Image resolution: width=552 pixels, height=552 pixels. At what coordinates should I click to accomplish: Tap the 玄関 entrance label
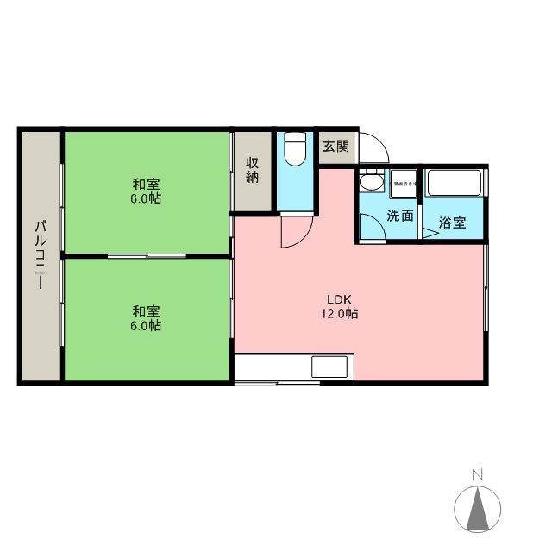click(x=336, y=146)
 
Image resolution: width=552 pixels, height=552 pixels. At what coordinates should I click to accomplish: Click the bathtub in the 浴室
click(x=454, y=184)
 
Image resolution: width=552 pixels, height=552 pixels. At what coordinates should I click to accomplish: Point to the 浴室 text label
click(x=453, y=223)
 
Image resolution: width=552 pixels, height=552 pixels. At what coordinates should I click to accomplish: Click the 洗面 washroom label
click(x=399, y=216)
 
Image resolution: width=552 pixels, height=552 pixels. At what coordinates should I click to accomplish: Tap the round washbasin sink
click(x=371, y=183)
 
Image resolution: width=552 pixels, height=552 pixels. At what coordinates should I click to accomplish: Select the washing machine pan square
click(x=403, y=183)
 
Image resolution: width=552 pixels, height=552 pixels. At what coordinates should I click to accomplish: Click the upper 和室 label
click(x=146, y=185)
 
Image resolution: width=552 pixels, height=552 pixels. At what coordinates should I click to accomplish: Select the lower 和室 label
click(x=146, y=312)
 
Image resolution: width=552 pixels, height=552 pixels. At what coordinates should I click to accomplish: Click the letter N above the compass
click(x=477, y=474)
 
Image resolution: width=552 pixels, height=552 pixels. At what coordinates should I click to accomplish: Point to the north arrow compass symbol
click(x=477, y=509)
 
